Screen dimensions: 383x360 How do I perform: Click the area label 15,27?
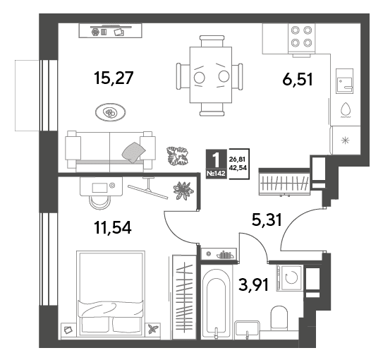tap(114, 78)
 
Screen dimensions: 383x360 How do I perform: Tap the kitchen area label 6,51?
tap(297, 80)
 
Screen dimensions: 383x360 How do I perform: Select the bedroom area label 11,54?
tap(113, 227)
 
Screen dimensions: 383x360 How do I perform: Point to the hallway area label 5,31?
tap(267, 220)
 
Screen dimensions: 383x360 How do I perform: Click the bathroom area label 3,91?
tap(253, 284)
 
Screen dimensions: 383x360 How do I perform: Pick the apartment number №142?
tap(216, 174)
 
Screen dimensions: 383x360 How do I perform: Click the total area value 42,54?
tap(238, 168)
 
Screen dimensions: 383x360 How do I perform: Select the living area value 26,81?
tap(237, 160)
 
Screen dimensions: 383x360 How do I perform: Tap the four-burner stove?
tap(301, 38)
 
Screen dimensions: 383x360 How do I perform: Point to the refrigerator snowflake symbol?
tap(345, 140)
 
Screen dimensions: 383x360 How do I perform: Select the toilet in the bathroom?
tap(279, 318)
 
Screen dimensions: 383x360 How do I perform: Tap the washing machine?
tap(290, 278)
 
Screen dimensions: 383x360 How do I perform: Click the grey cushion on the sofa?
tap(133, 152)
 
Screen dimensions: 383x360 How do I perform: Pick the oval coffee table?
tap(111, 112)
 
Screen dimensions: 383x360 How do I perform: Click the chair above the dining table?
tap(212, 41)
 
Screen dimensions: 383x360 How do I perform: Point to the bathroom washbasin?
tap(247, 330)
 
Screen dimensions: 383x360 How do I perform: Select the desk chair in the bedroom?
tap(99, 203)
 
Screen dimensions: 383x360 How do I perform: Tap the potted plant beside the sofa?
tap(178, 156)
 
